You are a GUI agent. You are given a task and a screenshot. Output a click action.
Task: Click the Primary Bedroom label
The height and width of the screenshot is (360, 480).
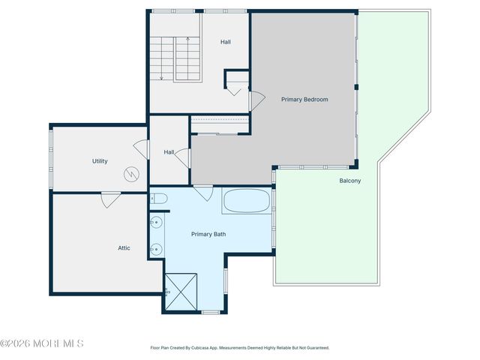[x=304, y=100]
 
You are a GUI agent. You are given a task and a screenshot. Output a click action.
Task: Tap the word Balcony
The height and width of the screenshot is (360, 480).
[x=351, y=181]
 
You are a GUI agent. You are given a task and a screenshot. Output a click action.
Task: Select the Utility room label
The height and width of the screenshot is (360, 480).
[x=100, y=161]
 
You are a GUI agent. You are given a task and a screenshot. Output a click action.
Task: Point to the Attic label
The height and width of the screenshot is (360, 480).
[x=124, y=247]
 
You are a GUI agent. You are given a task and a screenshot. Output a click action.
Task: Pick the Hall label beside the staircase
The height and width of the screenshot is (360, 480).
[x=225, y=42]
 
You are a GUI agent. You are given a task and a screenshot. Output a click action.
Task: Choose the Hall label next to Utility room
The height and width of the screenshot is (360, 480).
[x=169, y=152]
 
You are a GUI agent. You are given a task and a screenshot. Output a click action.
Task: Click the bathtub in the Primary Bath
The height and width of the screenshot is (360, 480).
[x=247, y=201]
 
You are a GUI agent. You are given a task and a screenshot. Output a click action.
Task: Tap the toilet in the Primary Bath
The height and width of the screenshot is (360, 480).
[x=157, y=199]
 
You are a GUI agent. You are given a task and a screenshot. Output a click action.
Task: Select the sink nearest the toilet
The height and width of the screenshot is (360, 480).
[x=156, y=223]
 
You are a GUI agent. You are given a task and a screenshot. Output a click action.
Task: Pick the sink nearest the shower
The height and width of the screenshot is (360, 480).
[x=156, y=250]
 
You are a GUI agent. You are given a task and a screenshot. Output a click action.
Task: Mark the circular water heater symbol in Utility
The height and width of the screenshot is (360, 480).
[x=131, y=174]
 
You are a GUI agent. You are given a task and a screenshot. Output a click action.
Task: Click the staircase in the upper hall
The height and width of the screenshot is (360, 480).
[x=175, y=58]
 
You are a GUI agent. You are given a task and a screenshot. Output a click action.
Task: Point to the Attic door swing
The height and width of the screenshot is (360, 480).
[x=110, y=199]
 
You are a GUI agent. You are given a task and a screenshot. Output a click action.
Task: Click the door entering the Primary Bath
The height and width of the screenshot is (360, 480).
[x=202, y=192]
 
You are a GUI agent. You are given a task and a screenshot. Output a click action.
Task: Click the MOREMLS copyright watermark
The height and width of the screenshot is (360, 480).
[x=42, y=343]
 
